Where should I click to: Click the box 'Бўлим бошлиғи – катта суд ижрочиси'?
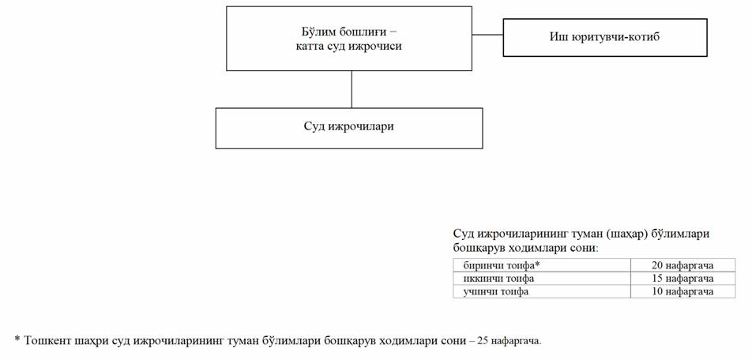tap(349, 39)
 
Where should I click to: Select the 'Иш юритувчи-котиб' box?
tap(605, 37)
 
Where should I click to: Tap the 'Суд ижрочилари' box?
tap(349, 128)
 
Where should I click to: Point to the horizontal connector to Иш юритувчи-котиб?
tap(487, 35)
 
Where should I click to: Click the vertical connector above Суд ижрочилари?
tap(352, 89)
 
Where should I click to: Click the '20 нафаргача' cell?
tap(682, 265)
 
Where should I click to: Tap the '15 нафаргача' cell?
tap(682, 279)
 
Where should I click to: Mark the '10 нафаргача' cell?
tap(682, 291)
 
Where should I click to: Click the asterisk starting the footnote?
tap(17, 339)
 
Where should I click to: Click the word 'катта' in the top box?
tap(309, 47)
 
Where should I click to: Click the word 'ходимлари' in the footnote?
tap(404, 341)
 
